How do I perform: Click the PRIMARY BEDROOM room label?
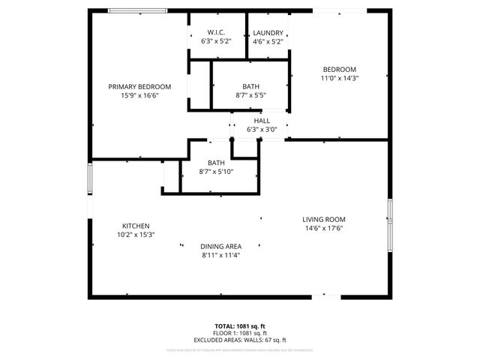(139, 87)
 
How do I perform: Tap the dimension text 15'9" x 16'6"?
(139, 96)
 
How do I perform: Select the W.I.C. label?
(216, 33)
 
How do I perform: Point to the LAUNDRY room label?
(268, 33)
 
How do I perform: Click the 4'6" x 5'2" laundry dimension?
(268, 42)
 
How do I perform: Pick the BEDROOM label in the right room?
(339, 69)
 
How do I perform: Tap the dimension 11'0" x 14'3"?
(339, 78)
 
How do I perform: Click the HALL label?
(262, 121)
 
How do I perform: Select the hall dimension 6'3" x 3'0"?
(262, 130)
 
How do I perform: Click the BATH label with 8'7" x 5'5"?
(250, 86)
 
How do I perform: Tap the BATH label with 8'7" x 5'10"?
(216, 163)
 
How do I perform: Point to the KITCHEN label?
(136, 226)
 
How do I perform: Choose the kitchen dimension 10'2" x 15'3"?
(136, 235)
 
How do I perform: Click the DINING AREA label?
(220, 247)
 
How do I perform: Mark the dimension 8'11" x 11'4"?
(220, 256)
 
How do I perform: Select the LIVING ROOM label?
(324, 220)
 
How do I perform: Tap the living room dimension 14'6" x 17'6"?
(324, 229)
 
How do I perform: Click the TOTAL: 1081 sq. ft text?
(240, 325)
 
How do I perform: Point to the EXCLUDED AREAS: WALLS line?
(240, 340)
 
